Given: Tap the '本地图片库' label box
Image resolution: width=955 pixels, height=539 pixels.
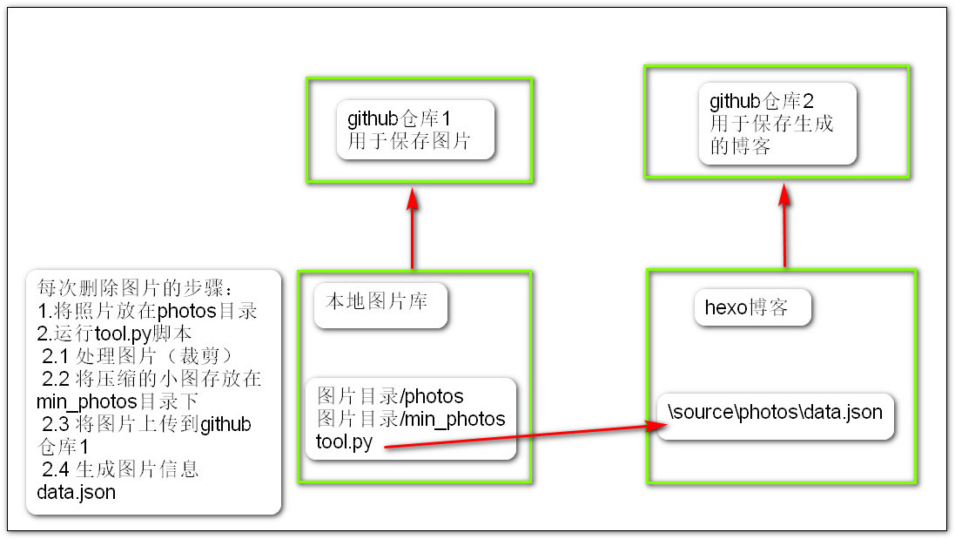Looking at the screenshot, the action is click(380, 305).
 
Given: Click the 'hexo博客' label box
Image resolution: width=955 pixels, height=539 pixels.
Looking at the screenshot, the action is click(753, 307).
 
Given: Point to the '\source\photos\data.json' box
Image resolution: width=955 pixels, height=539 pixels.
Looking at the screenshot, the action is click(776, 416).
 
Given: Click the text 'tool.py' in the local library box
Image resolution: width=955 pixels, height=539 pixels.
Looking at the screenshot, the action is click(344, 441).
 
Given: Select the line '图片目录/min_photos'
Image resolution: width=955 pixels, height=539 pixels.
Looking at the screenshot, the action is click(411, 419).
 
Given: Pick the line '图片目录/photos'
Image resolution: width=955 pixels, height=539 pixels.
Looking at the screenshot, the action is click(390, 396).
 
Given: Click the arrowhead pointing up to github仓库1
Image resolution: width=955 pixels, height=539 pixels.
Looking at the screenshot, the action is click(413, 199).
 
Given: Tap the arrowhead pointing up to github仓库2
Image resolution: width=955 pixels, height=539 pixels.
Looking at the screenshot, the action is click(784, 195).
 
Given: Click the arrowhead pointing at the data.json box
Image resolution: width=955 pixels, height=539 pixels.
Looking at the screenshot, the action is click(656, 425).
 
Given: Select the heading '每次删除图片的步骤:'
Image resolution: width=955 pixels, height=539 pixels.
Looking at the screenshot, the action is click(135, 288).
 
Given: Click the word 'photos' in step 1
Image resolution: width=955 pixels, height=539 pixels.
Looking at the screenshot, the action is click(187, 311).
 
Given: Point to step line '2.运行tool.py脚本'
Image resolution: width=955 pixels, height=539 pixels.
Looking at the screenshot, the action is click(114, 334).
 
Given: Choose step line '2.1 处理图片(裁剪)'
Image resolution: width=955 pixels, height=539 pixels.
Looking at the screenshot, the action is click(137, 356).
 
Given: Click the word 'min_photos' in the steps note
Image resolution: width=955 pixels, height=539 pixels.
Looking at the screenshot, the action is click(86, 402).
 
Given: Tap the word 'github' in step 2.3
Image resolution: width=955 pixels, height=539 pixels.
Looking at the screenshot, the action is click(225, 424).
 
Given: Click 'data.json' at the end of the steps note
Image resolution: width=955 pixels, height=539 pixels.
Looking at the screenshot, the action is click(76, 492).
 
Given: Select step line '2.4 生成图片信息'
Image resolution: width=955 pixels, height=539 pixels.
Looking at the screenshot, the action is click(120, 469).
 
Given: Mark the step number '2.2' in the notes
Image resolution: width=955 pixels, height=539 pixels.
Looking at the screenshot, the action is click(56, 379).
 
